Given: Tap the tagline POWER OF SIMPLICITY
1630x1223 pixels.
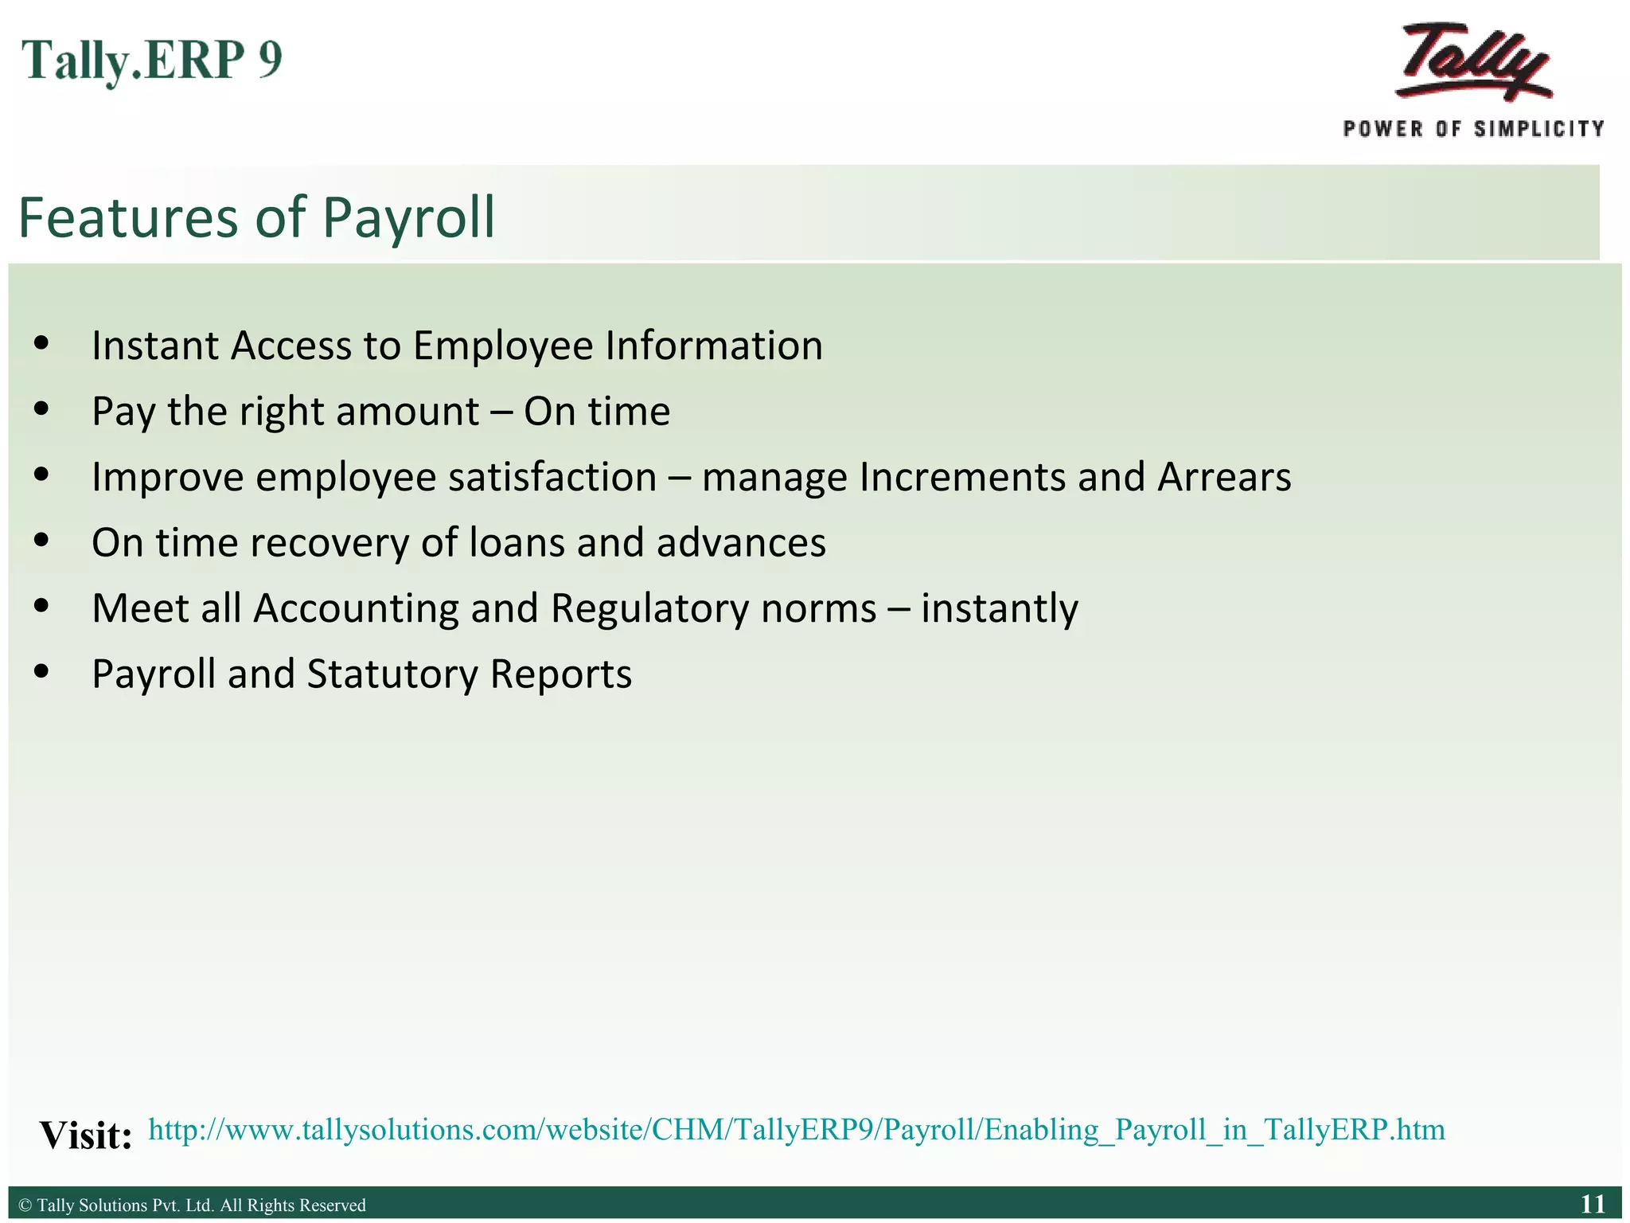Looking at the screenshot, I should pos(1473,129).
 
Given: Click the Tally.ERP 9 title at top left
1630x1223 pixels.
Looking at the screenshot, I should pos(151,61).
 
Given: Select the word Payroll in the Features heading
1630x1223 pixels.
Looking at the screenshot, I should pos(408,217).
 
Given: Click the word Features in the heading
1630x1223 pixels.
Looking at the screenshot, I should pos(128,217).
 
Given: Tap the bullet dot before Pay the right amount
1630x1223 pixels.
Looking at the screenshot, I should pos(41,409).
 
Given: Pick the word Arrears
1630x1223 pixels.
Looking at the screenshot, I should pos(1223,478).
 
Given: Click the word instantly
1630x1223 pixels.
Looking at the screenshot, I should pos(1000,610).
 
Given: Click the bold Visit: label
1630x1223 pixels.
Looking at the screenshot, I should pos(86,1135).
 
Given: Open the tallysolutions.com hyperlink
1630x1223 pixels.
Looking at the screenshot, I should pos(796,1130).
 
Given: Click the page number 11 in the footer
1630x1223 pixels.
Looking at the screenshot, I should pos(1593,1204).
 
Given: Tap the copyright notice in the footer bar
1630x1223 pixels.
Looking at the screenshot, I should pos(192,1205).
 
